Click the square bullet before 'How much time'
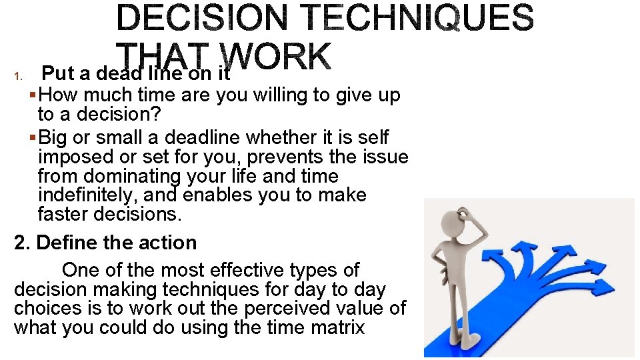point(34,95)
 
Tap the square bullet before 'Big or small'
point(34,138)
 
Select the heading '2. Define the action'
point(105,243)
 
